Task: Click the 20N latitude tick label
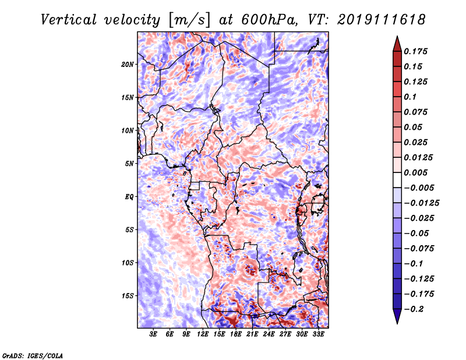128,65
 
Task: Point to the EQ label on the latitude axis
129,197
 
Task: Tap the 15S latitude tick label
128,296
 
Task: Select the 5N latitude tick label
129,164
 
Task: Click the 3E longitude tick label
153,334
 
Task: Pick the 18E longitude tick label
236,334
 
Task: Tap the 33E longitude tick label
318,334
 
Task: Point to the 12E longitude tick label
203,334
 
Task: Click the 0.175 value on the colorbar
415,51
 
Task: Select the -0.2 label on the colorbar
414,309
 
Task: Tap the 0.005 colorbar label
415,172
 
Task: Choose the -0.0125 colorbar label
422,203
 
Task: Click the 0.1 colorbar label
411,97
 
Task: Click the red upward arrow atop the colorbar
397,44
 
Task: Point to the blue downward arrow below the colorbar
397,316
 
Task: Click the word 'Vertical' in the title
69,20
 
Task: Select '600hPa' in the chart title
270,20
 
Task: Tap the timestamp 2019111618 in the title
382,20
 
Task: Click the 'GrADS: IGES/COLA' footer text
33,355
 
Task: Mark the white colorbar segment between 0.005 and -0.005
397,180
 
